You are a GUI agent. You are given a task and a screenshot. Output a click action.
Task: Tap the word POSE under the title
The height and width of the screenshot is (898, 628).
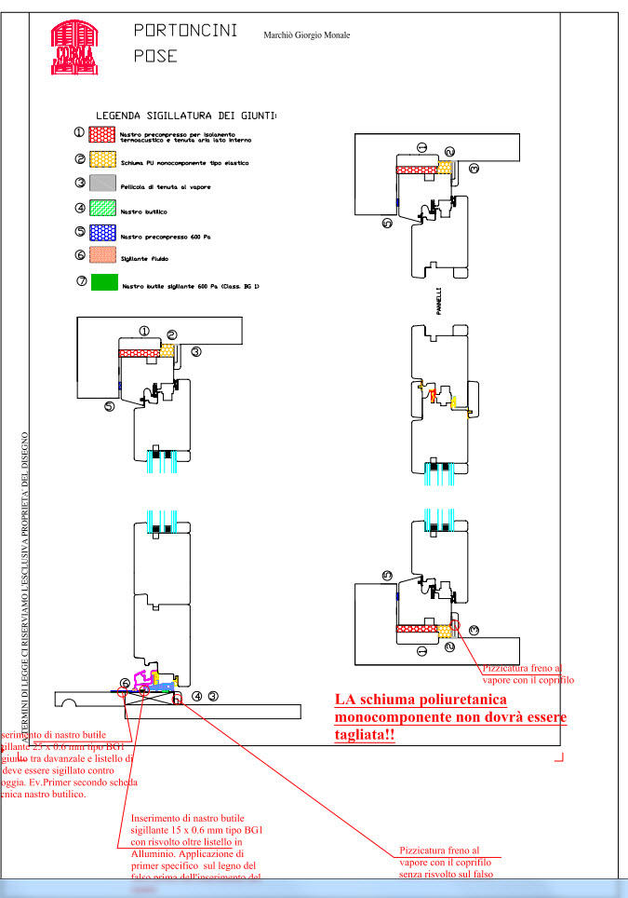click(155, 56)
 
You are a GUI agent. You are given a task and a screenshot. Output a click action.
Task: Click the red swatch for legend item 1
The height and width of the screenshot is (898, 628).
click(103, 135)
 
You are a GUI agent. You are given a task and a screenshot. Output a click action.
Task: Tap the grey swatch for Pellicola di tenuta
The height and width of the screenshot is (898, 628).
click(103, 185)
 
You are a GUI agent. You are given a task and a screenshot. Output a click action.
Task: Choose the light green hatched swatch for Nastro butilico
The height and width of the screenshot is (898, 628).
click(103, 211)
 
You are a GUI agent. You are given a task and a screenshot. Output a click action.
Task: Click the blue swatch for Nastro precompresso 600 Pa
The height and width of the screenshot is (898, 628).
click(103, 234)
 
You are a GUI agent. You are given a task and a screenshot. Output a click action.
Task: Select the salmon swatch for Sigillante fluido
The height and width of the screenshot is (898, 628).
click(103, 257)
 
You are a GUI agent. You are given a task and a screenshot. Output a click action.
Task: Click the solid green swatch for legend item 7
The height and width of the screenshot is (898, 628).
click(103, 282)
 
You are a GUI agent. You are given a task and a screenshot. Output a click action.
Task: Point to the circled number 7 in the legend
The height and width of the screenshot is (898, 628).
click(82, 280)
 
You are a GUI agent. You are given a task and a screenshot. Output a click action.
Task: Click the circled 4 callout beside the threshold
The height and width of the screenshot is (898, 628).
click(197, 695)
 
